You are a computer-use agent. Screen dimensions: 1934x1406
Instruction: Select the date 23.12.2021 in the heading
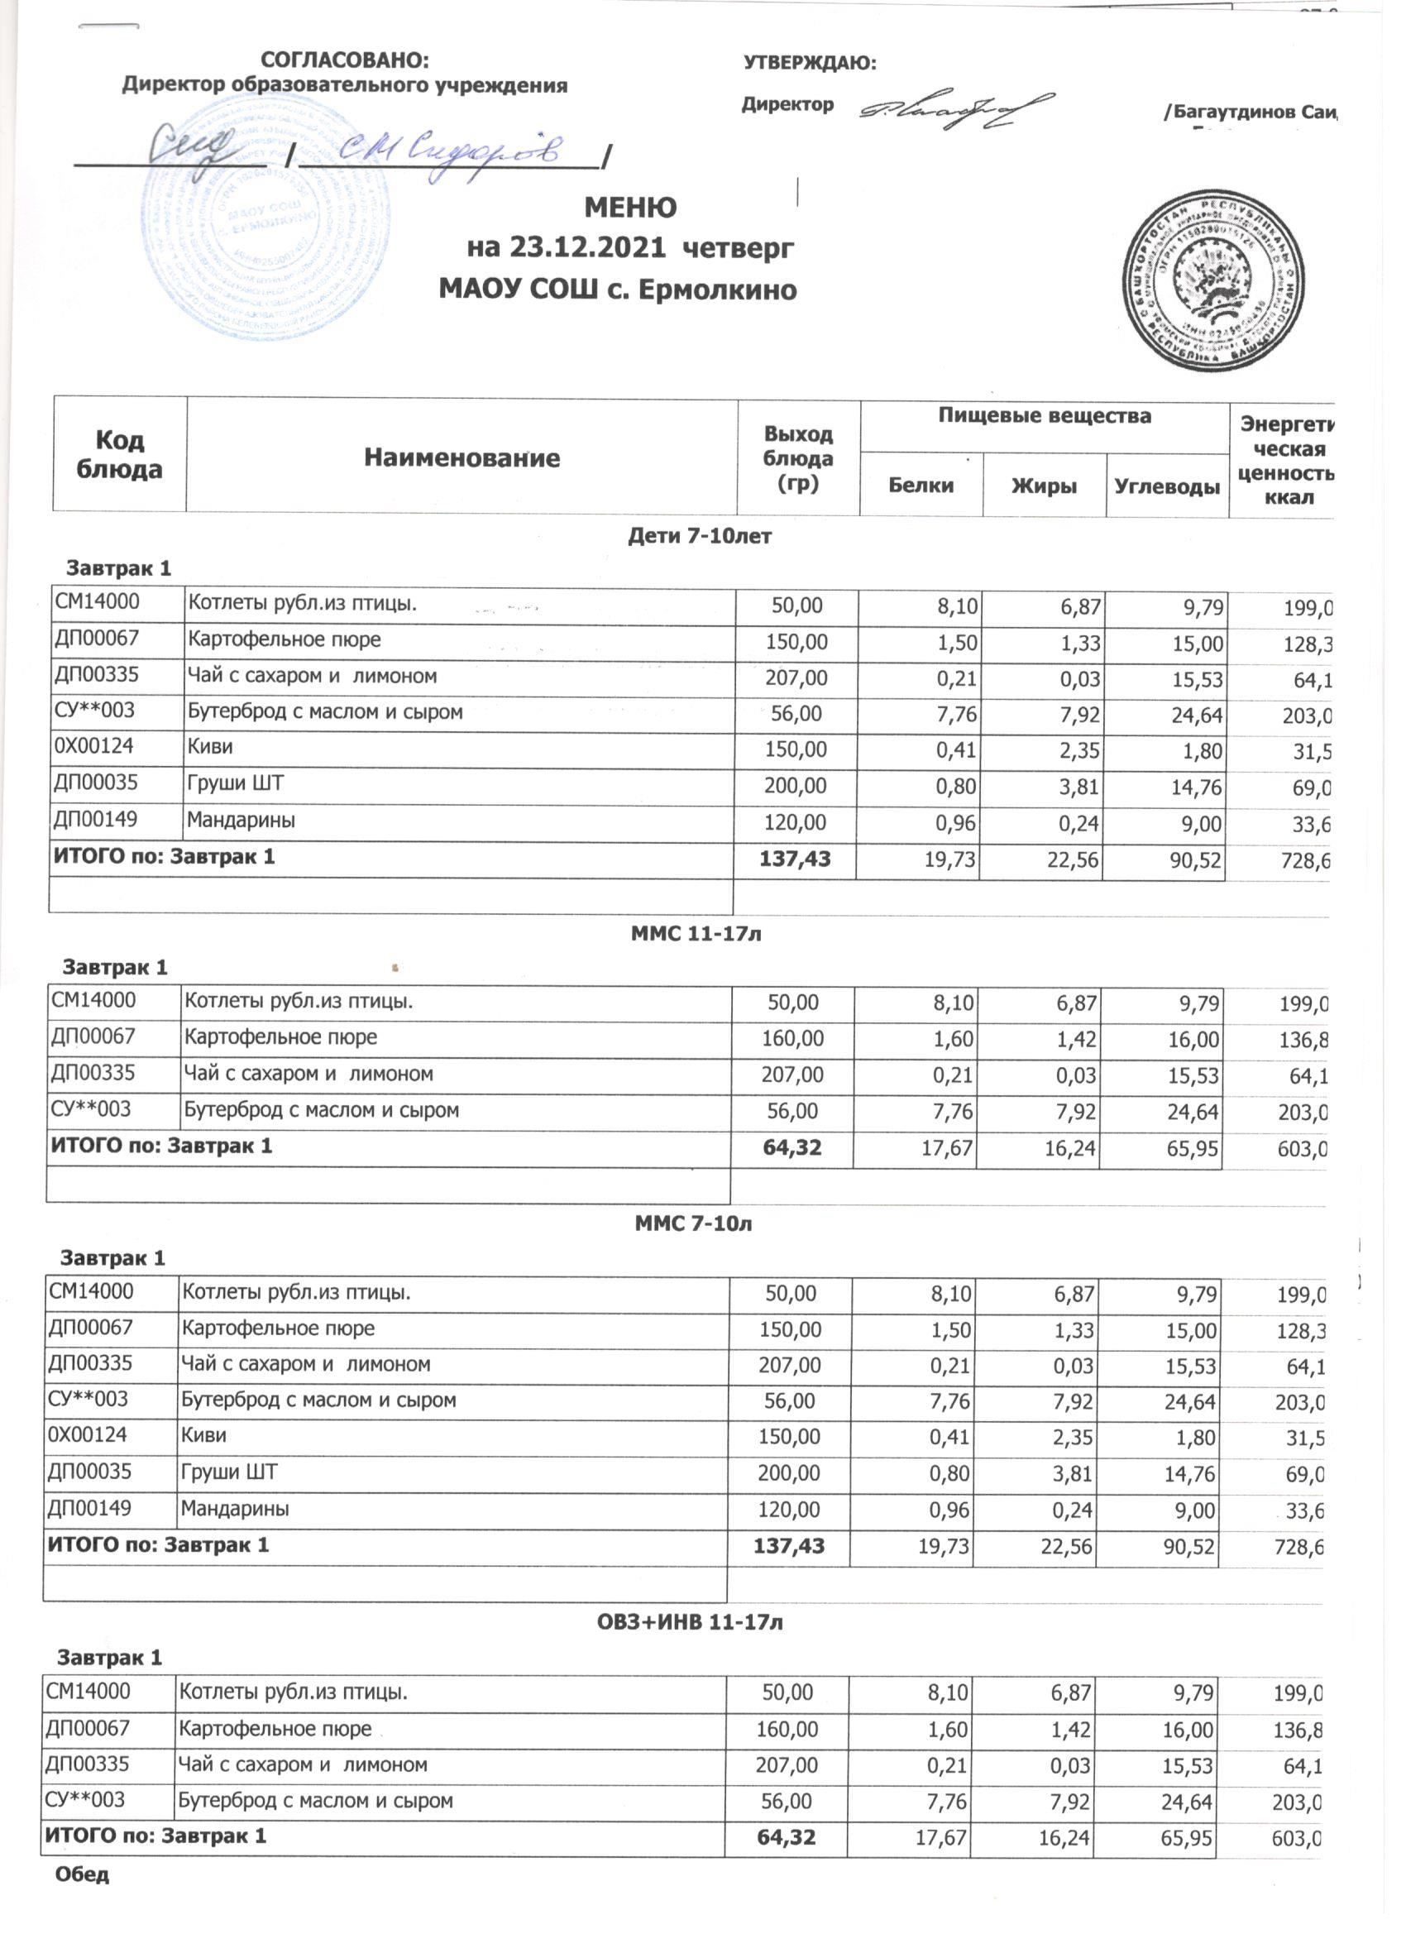click(587, 248)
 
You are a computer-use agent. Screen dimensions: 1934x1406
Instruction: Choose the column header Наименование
click(461, 458)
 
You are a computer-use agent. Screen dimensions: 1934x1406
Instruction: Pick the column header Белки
click(921, 486)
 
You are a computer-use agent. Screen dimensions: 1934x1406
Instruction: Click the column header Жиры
click(1044, 486)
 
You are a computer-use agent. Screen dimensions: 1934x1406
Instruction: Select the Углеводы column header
click(1166, 487)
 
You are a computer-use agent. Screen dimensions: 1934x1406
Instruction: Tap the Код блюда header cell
click(119, 454)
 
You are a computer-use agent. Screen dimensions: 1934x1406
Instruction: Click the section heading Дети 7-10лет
click(699, 537)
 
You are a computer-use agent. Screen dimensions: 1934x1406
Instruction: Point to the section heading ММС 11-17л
click(696, 934)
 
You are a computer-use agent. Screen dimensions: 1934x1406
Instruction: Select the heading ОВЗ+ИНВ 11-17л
click(689, 1622)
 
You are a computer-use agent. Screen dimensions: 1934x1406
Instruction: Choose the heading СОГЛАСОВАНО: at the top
click(346, 60)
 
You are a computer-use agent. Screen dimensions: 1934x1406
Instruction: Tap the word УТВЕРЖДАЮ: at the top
click(810, 63)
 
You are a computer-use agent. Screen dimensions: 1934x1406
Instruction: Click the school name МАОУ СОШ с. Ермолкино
click(617, 290)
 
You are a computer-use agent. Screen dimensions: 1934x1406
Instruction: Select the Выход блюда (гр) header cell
click(798, 459)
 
